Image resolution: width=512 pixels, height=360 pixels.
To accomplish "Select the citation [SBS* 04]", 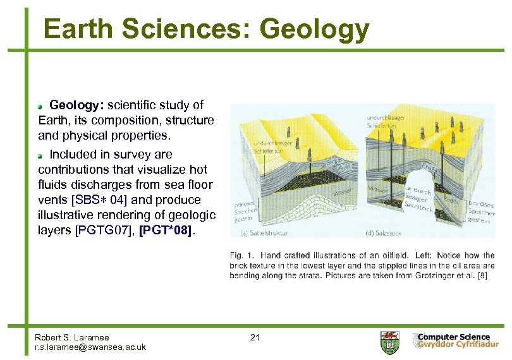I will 100,200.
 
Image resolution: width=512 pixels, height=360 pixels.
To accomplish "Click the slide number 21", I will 255,337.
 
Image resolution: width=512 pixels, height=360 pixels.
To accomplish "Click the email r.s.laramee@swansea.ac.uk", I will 90,347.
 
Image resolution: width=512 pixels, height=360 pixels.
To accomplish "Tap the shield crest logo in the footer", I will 389,342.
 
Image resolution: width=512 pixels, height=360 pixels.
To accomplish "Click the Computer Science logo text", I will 453,337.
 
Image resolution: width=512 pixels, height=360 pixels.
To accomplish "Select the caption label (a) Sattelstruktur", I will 264,233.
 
